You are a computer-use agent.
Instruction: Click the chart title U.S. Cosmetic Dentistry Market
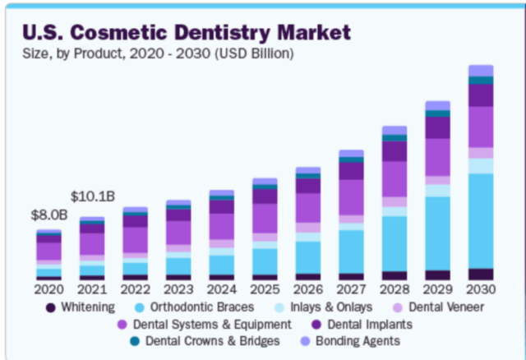tap(187, 33)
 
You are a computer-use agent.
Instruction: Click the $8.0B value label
tap(48, 215)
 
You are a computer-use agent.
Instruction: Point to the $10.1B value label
tap(91, 196)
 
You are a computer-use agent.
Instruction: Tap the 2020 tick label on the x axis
tap(48, 289)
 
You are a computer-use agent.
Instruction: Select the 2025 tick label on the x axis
tap(265, 289)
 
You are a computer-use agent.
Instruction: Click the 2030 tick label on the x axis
tap(481, 289)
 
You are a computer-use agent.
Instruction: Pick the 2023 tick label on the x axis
tap(178, 289)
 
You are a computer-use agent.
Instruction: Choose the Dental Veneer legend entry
tap(440, 307)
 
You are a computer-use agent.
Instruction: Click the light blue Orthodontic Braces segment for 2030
tap(481, 220)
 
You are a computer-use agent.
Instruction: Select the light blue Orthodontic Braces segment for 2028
tap(394, 243)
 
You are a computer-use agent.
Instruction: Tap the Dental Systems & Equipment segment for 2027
tap(351, 196)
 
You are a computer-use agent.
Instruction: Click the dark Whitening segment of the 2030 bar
tap(481, 275)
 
